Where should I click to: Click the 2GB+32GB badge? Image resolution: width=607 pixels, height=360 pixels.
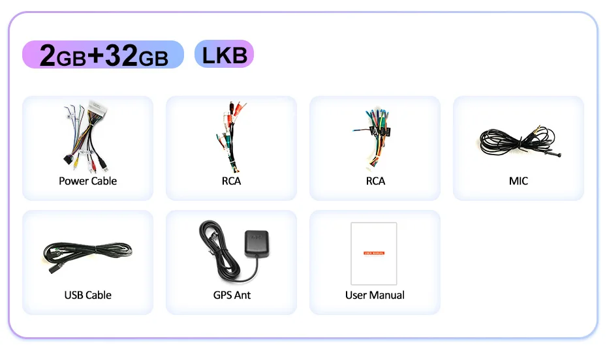(x=103, y=55)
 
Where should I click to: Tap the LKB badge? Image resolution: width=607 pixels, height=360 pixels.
(x=224, y=54)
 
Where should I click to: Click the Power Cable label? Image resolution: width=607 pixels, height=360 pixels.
(x=87, y=181)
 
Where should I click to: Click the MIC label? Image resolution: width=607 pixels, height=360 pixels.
(x=518, y=181)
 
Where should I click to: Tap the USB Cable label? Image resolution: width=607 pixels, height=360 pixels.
(x=87, y=295)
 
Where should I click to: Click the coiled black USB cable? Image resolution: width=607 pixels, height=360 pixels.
(x=87, y=251)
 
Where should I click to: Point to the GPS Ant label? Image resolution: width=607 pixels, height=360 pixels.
(x=232, y=295)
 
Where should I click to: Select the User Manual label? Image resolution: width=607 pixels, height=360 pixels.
(x=375, y=295)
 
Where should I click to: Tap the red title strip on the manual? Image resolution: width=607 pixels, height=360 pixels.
(x=374, y=252)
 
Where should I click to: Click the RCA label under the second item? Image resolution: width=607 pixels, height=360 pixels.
(x=231, y=181)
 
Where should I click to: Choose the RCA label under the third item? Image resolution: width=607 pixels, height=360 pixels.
(x=375, y=181)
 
